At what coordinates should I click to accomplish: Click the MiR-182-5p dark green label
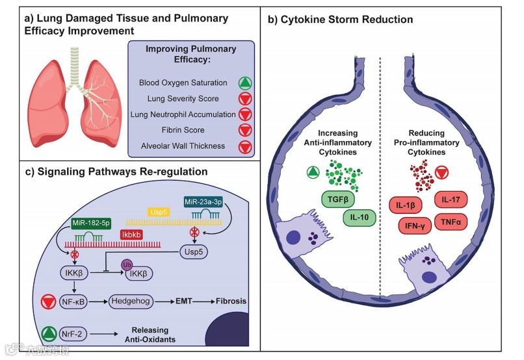90,224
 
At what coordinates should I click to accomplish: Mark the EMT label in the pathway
182,302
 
